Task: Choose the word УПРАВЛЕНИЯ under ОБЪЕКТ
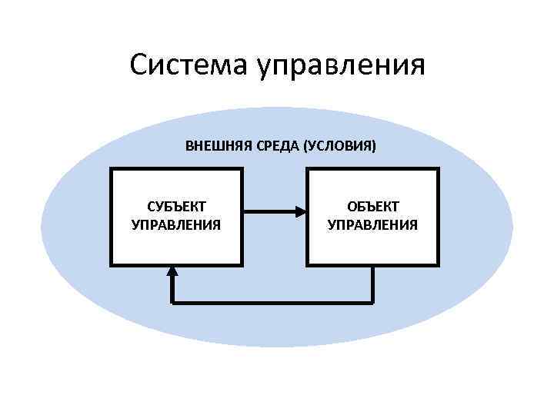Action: [x=373, y=225]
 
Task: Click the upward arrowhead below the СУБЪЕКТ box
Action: [x=172, y=271]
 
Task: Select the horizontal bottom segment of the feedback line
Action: [x=272, y=302]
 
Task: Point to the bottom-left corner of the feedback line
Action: [x=172, y=302]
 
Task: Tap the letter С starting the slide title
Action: [x=139, y=65]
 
